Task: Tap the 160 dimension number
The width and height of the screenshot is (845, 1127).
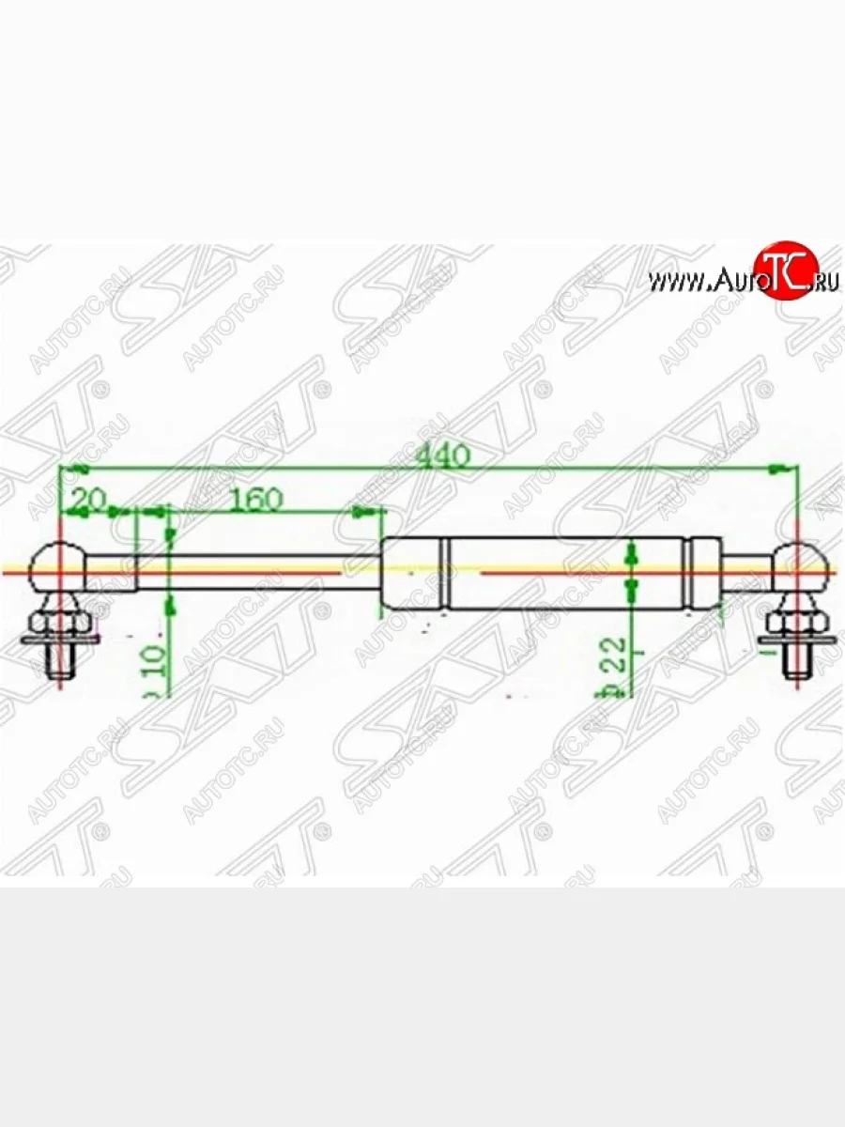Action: click(255, 499)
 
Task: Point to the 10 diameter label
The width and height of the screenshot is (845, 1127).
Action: click(156, 666)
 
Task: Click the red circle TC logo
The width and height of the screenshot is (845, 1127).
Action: click(787, 270)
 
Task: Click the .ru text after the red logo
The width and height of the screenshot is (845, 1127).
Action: click(823, 280)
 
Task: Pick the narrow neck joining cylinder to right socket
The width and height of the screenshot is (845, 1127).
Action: click(747, 568)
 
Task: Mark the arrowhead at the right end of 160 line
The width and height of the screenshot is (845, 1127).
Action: click(362, 513)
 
